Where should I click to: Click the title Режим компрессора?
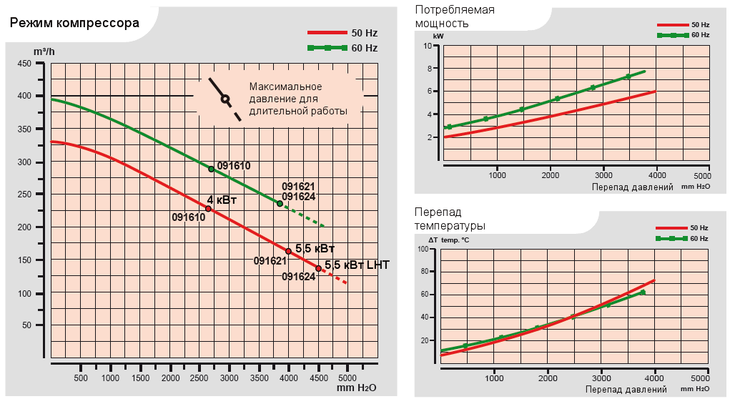coord(74,23)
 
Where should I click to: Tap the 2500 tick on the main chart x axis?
coord(199,378)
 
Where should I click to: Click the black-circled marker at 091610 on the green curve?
coord(211,169)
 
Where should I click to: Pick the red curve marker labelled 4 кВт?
coord(208,209)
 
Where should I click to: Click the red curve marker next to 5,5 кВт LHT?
coord(318,269)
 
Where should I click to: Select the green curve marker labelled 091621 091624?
coord(280,203)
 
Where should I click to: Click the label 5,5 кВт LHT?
coord(357,265)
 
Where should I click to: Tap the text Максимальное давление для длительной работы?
coord(298,99)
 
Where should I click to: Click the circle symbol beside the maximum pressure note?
coord(225,99)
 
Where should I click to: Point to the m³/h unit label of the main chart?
coord(44,51)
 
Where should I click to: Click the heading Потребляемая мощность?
coord(455,16)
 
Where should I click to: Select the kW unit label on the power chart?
coord(438,35)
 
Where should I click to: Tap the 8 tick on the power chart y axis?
coord(429,69)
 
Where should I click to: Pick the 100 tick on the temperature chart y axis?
coord(423,250)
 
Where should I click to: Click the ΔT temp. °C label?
coord(448,240)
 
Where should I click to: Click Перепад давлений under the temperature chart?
coord(626,389)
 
